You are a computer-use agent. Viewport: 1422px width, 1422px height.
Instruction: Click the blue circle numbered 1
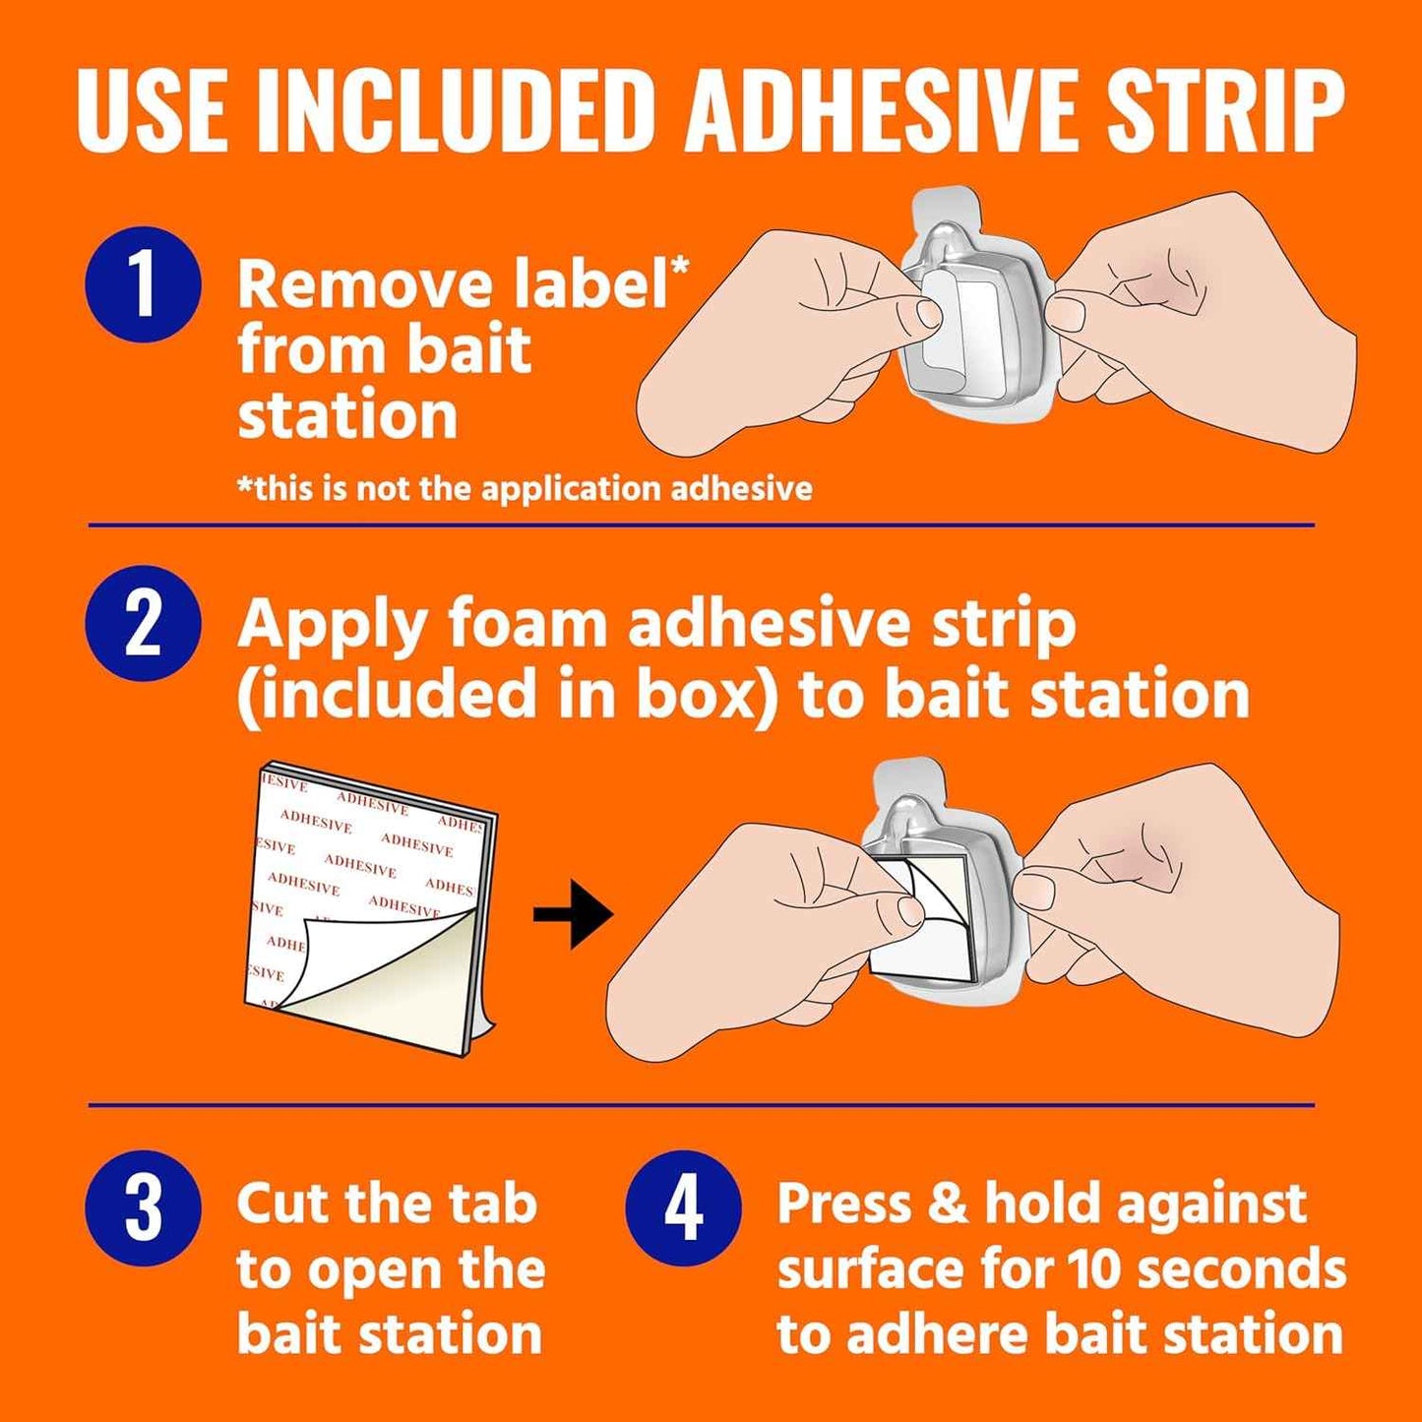pyautogui.click(x=144, y=284)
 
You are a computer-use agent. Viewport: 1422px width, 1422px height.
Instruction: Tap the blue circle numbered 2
pyautogui.click(x=144, y=623)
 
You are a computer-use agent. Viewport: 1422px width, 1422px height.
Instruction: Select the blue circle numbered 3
pyautogui.click(x=144, y=1207)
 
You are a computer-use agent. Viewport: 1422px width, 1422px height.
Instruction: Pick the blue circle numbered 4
pyautogui.click(x=683, y=1207)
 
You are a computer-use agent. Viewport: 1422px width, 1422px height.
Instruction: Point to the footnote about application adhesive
pyautogui.click(x=525, y=488)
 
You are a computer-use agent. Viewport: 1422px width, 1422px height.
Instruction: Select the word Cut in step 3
pyautogui.click(x=285, y=1204)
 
